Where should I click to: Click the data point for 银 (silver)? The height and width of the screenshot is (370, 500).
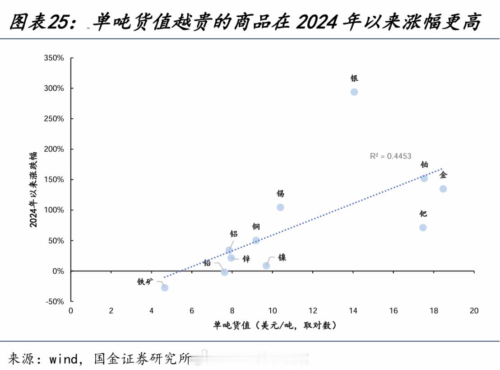coord(354,92)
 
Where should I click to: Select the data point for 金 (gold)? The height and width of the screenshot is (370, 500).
coord(443,189)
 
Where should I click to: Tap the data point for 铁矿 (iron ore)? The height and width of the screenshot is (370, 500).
coord(165,288)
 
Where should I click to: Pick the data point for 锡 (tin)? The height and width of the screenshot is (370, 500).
coord(280,207)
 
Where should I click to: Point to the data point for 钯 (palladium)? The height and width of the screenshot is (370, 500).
coord(423,228)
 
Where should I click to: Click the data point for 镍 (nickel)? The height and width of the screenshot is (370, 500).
coord(266,266)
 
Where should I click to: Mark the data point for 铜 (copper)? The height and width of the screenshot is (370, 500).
coord(256,240)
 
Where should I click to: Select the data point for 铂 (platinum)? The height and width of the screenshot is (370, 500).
coord(424,178)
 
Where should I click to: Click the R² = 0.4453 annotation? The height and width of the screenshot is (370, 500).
coord(391,156)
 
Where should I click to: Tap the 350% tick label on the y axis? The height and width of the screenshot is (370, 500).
coord(54,58)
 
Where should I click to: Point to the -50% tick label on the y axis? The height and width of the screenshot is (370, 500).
coord(55,301)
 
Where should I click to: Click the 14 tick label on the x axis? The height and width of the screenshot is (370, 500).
coord(353,311)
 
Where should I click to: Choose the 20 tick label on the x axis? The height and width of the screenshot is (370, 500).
coord(474,311)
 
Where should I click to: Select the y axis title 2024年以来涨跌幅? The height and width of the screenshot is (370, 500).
coord(34,189)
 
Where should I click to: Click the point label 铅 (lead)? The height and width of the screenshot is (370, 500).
coord(207,262)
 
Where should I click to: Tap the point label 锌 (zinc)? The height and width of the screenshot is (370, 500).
coord(246,259)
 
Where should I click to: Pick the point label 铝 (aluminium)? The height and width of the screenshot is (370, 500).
coord(234,234)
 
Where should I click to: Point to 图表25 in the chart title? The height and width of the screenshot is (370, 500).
coord(39,22)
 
